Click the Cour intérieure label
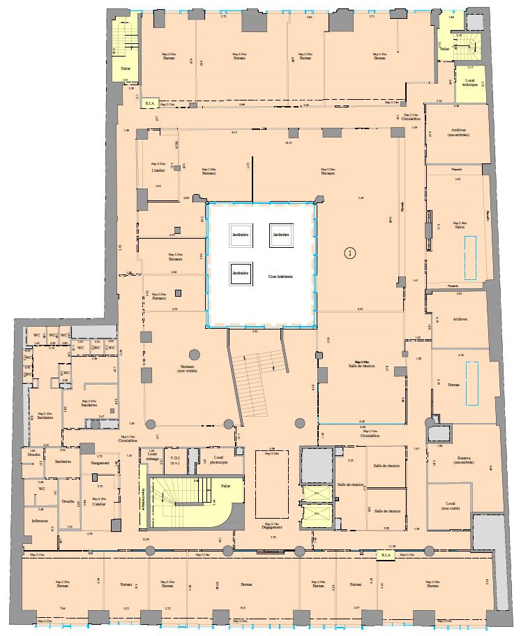(280, 276)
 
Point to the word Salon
(460, 227)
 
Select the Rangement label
(100, 463)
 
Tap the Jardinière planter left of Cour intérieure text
(241, 273)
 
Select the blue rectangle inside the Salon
(471, 248)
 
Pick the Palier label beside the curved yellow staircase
(225, 484)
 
